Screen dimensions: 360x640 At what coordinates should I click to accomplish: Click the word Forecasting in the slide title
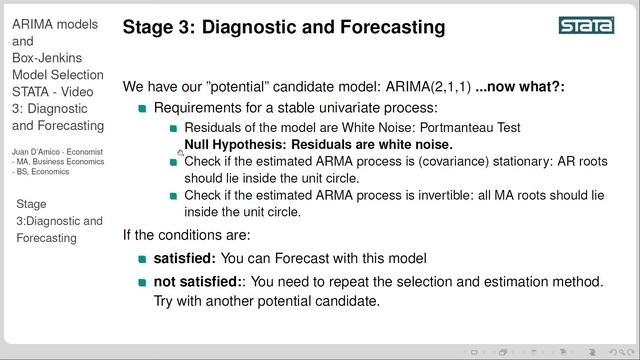tap(388, 28)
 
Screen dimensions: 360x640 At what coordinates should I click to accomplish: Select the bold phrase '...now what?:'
tap(519, 87)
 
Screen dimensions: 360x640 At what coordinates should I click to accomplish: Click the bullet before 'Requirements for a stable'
tap(142, 108)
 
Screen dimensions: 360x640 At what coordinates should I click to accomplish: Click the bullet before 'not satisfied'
tap(142, 282)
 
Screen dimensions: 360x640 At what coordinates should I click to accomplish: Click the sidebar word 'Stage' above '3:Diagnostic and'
tap(31, 204)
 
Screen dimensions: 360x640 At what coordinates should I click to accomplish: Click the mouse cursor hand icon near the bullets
tap(180, 153)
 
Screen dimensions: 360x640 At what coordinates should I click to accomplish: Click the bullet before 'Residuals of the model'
tap(173, 129)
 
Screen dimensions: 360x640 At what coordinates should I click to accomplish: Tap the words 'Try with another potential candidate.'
tap(267, 301)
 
